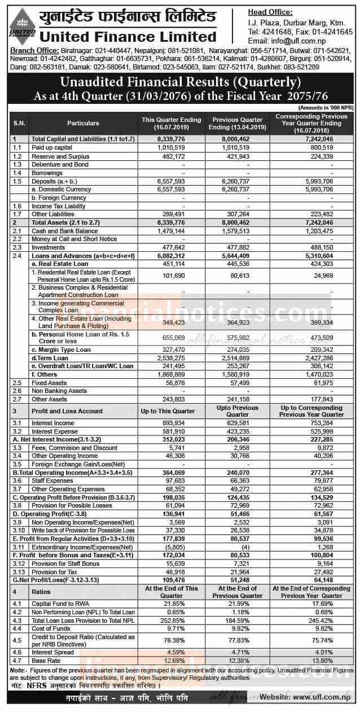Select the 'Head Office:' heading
tap(270, 12)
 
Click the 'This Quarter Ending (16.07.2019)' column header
tap(163, 123)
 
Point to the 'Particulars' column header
tap(83, 123)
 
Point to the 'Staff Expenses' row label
tap(51, 481)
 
